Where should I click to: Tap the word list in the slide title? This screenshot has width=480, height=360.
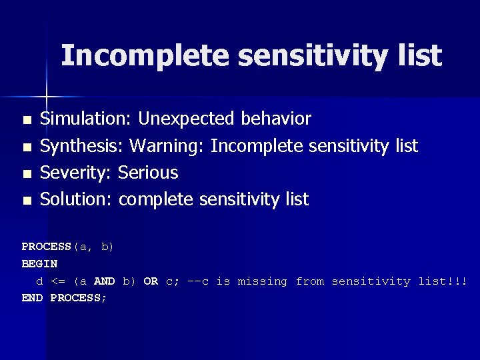419,56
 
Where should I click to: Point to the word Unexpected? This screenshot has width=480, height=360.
185,119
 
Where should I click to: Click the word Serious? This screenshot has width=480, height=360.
148,173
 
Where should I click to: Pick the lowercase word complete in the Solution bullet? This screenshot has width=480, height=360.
157,199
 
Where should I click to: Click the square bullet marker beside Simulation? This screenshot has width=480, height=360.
27,121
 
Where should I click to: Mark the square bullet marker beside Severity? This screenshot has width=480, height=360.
27,174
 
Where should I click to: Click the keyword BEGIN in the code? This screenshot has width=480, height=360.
39,264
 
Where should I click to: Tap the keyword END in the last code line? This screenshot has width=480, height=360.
33,298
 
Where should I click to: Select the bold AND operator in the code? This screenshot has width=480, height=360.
104,281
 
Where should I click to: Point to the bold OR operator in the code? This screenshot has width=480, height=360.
151,281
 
